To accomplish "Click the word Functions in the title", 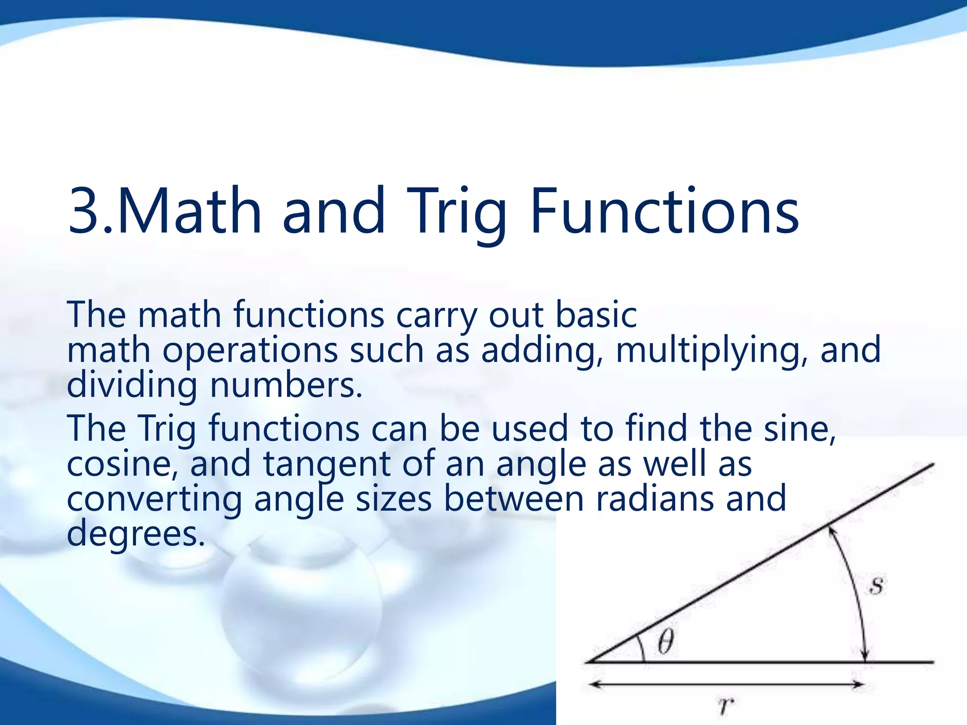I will coord(664,211).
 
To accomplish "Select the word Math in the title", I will coord(189,211).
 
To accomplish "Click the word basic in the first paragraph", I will coord(596,315).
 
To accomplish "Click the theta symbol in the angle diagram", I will coord(665,643).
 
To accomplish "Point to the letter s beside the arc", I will coord(876,586).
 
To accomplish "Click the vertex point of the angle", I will coord(587,662).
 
